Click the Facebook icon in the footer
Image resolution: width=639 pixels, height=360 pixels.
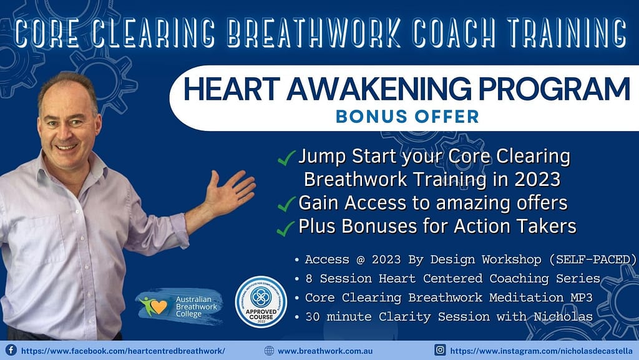(11, 350)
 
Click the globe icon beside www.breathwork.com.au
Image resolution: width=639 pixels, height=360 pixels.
(269, 351)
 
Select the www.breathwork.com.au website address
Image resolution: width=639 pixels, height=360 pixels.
(325, 351)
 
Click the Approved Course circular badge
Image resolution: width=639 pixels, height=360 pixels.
(260, 301)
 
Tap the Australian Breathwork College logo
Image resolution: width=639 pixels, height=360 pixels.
(179, 304)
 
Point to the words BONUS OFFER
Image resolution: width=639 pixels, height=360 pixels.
(407, 116)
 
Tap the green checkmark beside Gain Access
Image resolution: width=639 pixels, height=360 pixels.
(287, 204)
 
